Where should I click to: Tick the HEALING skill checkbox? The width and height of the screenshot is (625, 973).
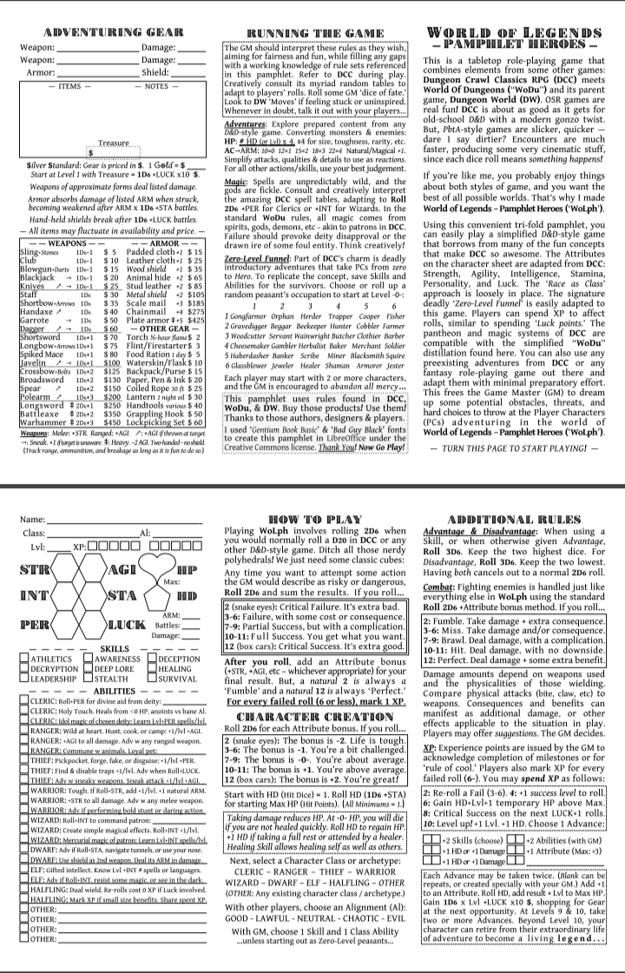pyautogui.click(x=150, y=671)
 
